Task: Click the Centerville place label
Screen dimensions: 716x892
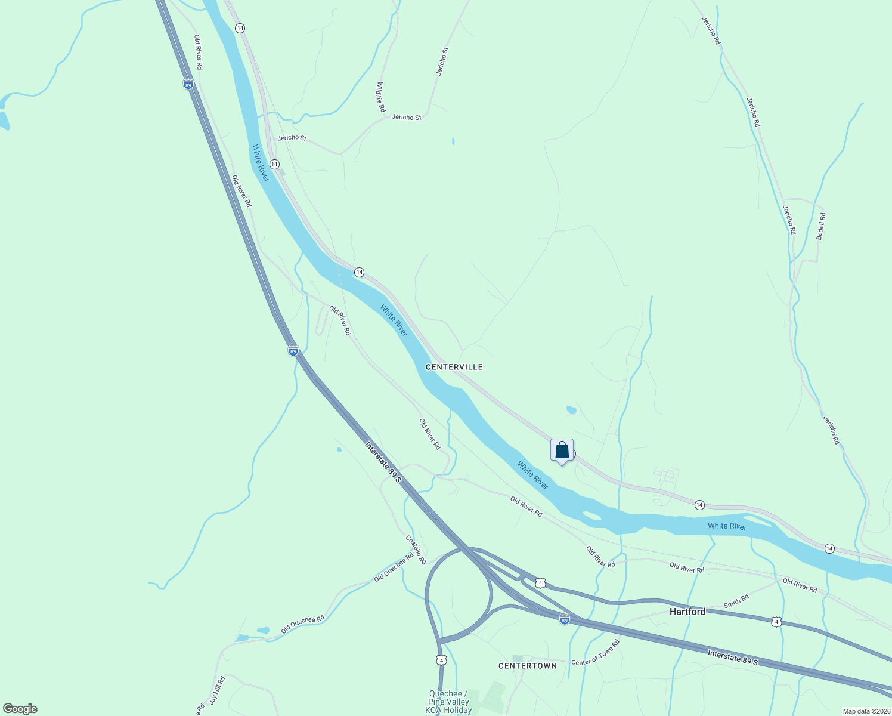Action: click(x=454, y=367)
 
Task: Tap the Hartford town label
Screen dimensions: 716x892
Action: click(x=687, y=612)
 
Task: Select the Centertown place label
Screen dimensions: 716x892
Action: click(x=527, y=666)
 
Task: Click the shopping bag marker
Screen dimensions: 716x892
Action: click(x=562, y=450)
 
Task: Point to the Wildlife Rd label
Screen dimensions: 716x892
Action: click(x=380, y=97)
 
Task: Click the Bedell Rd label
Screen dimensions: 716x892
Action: click(x=821, y=227)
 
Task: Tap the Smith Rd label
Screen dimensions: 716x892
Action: click(x=736, y=601)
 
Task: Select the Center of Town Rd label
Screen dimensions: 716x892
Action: click(x=595, y=653)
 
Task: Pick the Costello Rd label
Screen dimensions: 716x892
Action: click(x=416, y=550)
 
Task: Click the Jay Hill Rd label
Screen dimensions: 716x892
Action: click(x=217, y=690)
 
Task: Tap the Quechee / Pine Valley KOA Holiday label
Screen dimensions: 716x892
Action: click(x=448, y=702)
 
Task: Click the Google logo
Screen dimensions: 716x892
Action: click(x=20, y=709)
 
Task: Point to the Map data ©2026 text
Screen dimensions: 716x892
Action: click(x=866, y=711)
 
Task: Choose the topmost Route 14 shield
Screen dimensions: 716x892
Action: click(x=240, y=28)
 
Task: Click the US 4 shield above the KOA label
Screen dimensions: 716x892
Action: click(x=441, y=659)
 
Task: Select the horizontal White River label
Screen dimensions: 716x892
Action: click(x=727, y=526)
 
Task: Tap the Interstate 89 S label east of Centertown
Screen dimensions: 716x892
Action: click(x=733, y=658)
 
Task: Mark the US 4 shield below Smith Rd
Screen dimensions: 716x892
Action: click(x=776, y=622)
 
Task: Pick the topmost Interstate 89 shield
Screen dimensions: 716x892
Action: click(x=188, y=85)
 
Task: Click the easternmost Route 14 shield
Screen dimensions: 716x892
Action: click(x=829, y=548)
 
